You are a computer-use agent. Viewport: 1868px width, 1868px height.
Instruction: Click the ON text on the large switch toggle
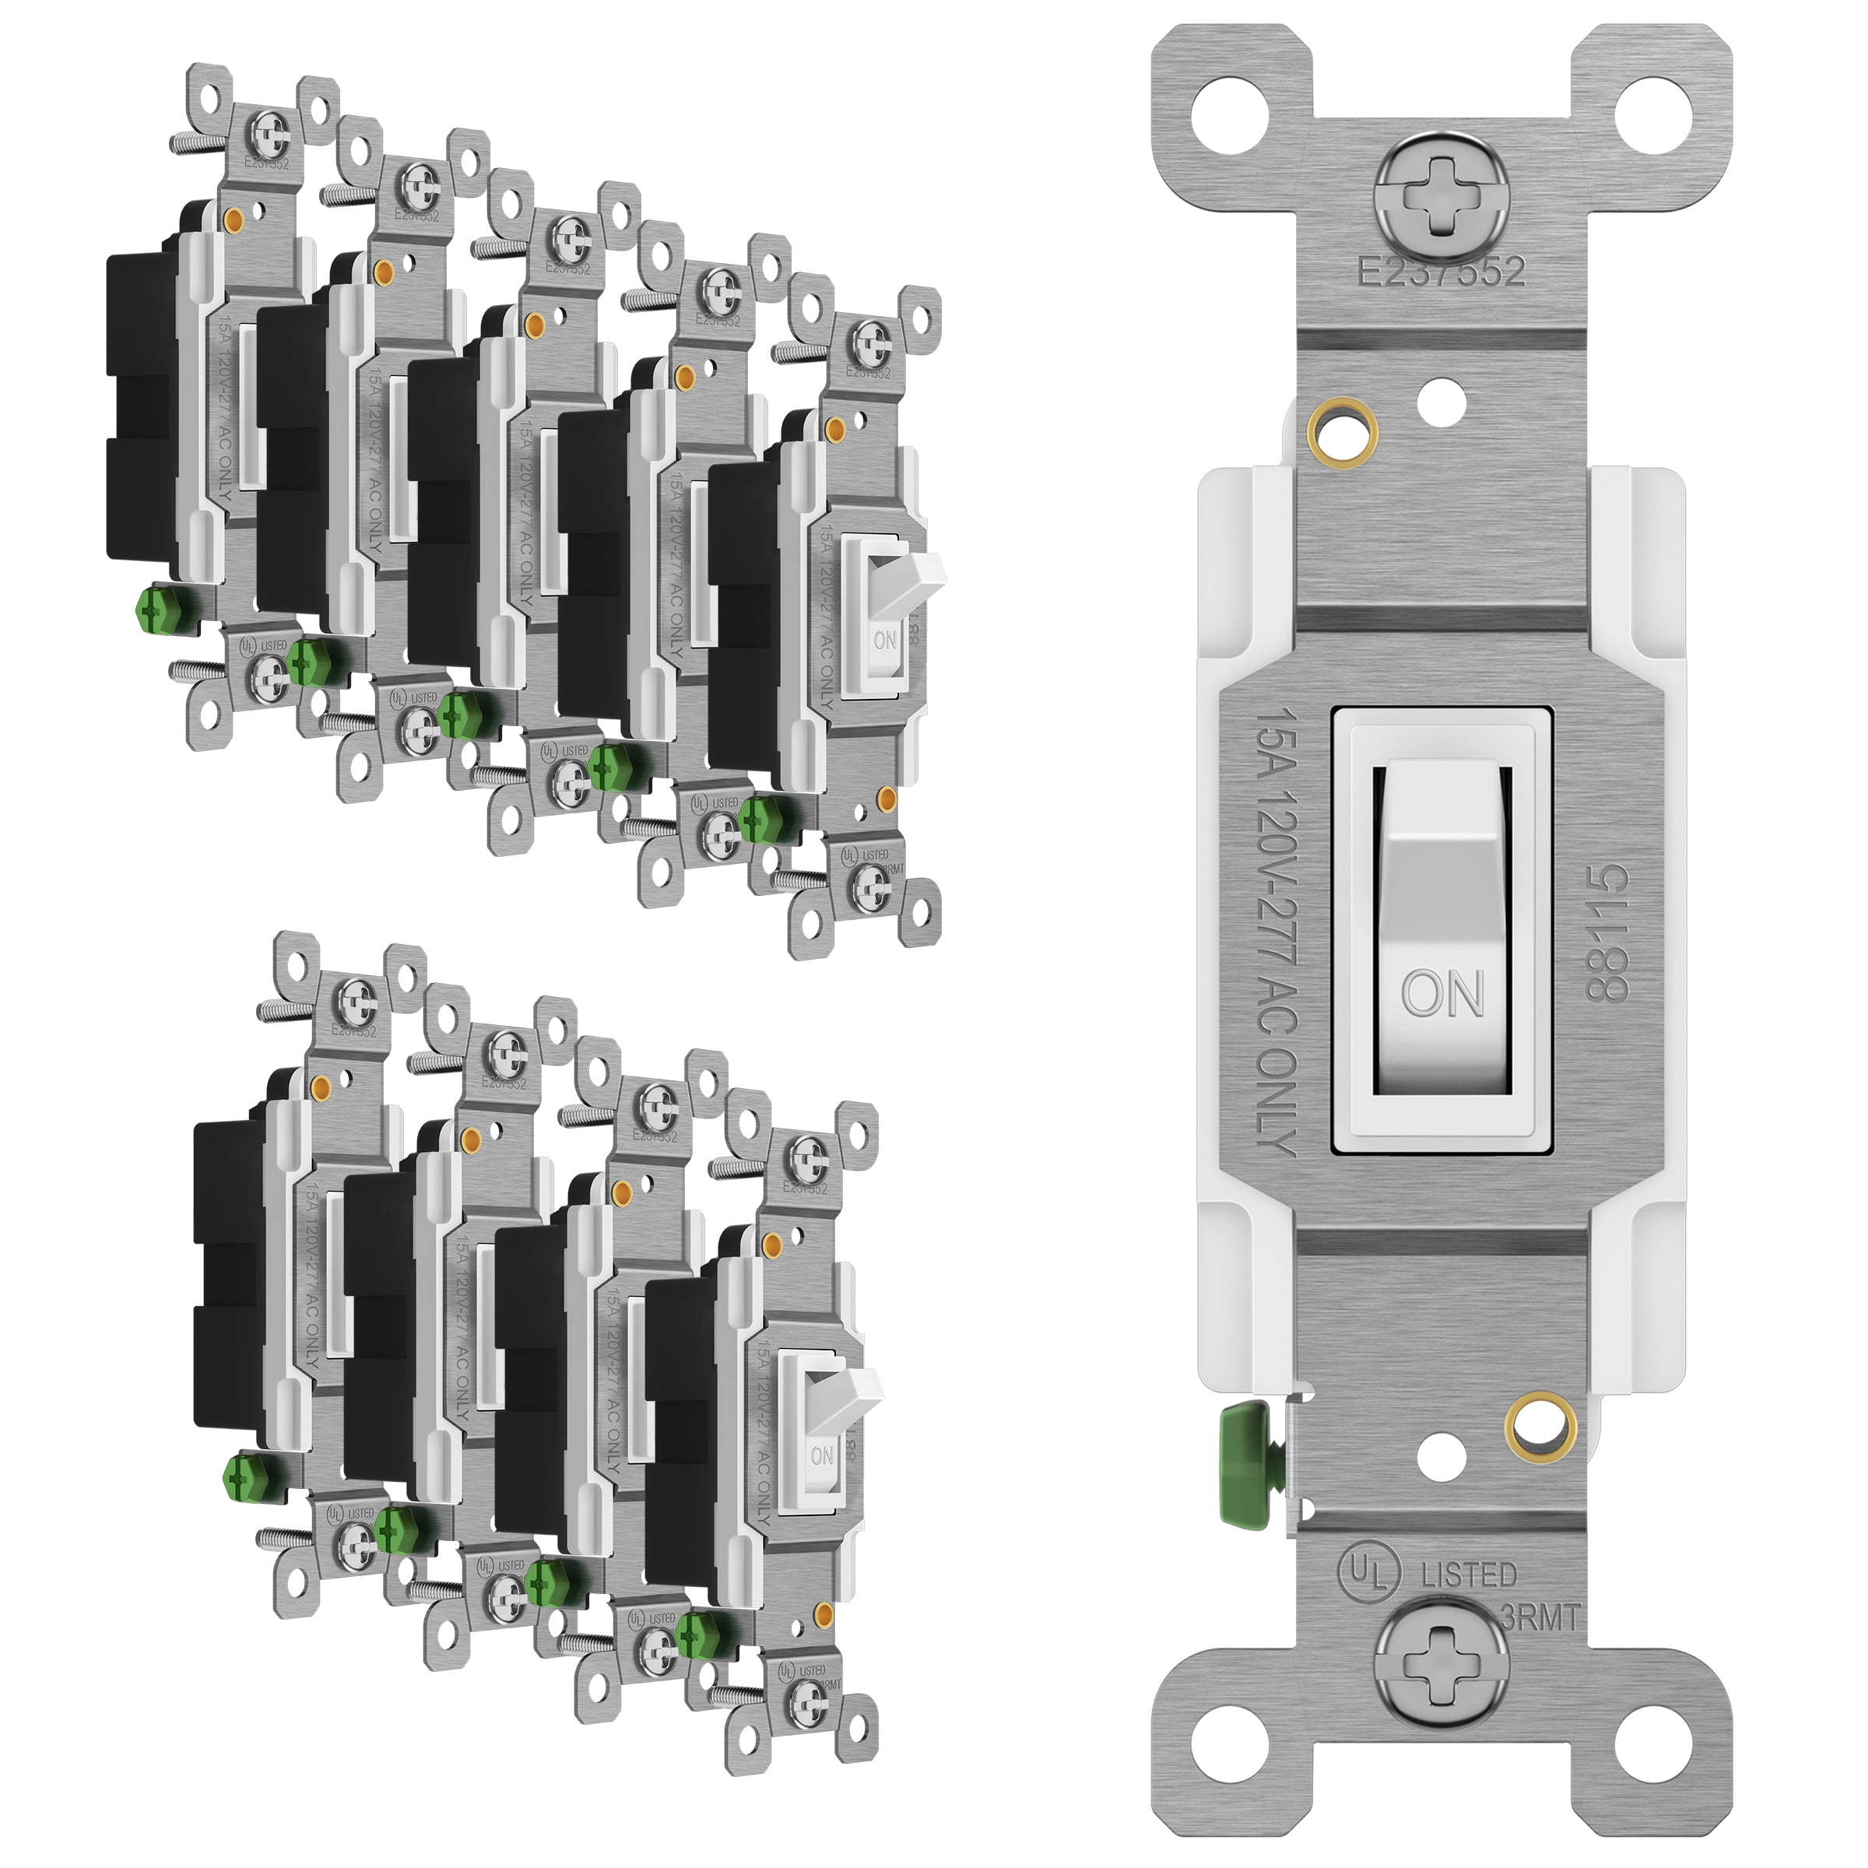coord(1442,992)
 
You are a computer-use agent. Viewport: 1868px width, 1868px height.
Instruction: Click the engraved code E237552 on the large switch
coord(1441,272)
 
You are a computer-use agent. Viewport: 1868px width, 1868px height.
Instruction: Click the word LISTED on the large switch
coord(1469,1576)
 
